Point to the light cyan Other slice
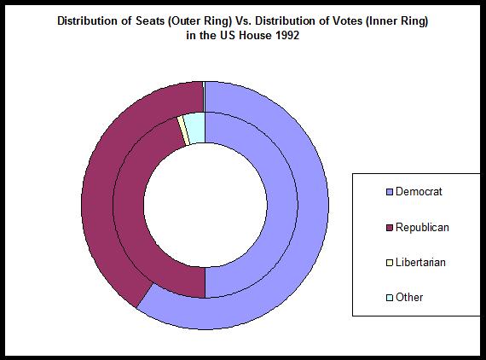pos(195,127)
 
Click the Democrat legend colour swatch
pos(390,192)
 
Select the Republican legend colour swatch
pos(390,228)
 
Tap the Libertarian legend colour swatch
pos(390,263)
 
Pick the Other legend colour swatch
pos(390,298)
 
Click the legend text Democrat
pos(419,192)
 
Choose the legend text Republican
pos(422,228)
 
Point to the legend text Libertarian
pos(420,263)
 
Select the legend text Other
pos(409,298)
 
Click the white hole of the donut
pos(205,205)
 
